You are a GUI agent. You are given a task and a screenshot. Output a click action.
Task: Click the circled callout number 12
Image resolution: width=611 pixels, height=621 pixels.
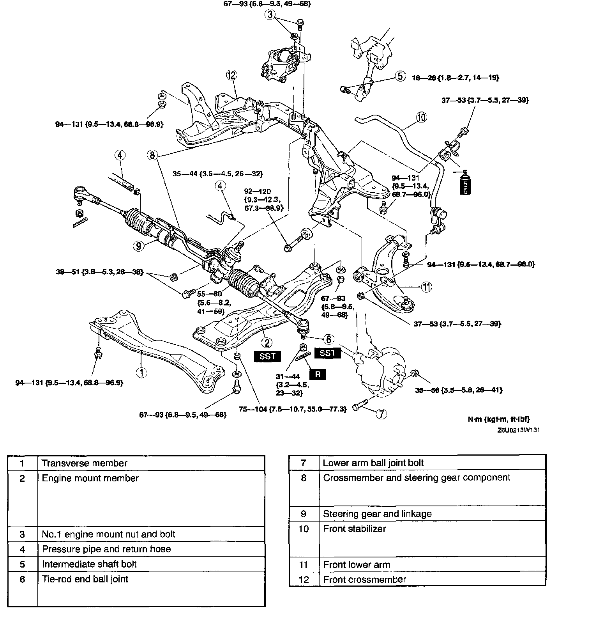coord(232,75)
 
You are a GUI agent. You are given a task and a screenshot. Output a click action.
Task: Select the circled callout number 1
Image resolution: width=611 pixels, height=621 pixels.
coord(142,372)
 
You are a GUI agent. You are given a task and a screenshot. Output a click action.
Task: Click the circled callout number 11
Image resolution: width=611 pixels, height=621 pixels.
coord(427,287)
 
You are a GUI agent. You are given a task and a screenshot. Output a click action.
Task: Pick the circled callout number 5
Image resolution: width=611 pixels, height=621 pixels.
coord(401,76)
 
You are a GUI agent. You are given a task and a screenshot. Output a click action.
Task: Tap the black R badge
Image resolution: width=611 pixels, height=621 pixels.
coord(318,374)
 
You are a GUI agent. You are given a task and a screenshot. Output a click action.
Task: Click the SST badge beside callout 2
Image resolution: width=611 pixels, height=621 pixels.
coord(267,356)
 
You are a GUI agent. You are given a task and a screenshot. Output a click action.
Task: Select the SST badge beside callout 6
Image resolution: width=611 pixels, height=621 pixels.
coord(327,353)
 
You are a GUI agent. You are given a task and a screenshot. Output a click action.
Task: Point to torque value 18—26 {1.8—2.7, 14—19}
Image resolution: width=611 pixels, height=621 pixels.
coord(456,78)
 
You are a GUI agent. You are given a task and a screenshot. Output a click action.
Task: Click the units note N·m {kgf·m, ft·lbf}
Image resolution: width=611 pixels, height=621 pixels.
coord(499,419)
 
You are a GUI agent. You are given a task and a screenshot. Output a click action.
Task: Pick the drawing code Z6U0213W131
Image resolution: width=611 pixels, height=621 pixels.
coord(518,430)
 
